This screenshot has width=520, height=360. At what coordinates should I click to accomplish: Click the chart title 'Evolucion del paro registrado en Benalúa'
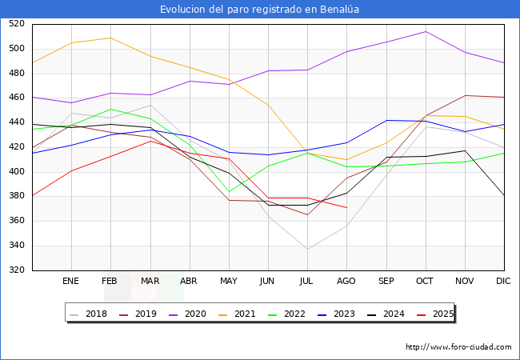tap(260, 9)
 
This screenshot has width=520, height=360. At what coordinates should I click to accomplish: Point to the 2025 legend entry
tap(438, 314)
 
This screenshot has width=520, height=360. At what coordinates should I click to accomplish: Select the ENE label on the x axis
tap(71, 282)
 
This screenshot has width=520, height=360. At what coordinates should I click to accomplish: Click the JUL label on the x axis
tap(307, 282)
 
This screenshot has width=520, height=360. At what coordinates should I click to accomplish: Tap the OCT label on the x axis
tap(426, 282)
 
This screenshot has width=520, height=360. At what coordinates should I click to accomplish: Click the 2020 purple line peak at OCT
tap(426, 32)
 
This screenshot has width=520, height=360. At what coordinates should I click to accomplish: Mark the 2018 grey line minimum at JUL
tap(307, 249)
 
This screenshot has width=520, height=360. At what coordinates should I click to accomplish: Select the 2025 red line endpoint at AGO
tap(346, 208)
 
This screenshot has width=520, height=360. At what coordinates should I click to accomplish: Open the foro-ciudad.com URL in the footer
tap(458, 347)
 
